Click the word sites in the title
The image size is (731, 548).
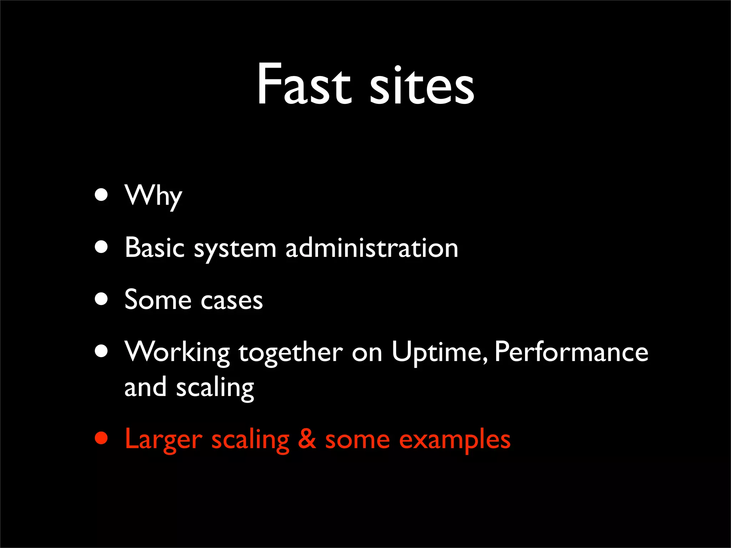[x=422, y=86]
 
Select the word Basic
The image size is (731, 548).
[x=155, y=248]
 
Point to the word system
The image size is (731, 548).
[x=235, y=249]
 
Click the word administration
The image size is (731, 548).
[x=372, y=248]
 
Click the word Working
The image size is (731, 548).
[x=177, y=352]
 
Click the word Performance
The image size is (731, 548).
[x=571, y=352]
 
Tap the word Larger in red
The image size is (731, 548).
[x=163, y=440]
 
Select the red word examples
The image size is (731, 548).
[x=454, y=441]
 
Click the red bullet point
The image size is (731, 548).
[x=101, y=438]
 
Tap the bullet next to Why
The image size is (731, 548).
[x=101, y=195]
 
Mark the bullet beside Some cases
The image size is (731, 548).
[x=101, y=299]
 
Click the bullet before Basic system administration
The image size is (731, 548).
[x=101, y=247]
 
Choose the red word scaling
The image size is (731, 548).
[x=250, y=441]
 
